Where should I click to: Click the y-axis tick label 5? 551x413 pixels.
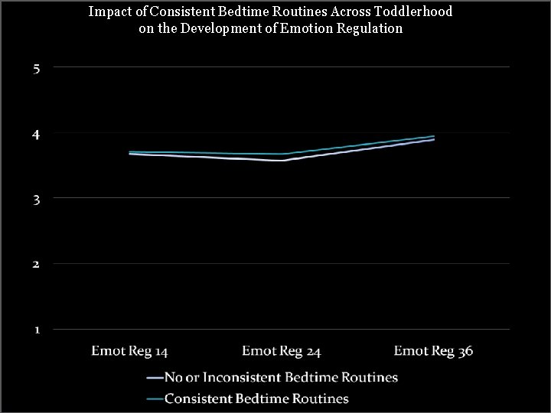[37, 68]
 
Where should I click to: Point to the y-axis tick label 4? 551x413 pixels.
[37, 134]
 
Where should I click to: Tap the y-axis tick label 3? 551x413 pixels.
[37, 199]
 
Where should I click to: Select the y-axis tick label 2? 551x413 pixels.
[37, 265]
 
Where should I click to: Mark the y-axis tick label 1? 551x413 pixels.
[37, 330]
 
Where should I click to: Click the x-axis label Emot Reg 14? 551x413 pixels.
[129, 351]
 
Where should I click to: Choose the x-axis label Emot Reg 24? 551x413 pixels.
[281, 351]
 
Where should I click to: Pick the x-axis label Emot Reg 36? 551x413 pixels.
[433, 351]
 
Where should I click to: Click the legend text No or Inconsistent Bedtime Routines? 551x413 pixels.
[281, 377]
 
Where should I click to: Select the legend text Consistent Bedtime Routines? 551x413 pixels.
[256, 398]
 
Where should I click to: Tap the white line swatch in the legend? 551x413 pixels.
[153, 378]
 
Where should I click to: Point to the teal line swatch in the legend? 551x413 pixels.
[153, 398]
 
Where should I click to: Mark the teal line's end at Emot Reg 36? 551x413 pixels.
[434, 136]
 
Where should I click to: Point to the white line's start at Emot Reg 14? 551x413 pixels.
[130, 154]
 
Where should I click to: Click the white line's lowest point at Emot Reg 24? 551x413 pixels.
[282, 161]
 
